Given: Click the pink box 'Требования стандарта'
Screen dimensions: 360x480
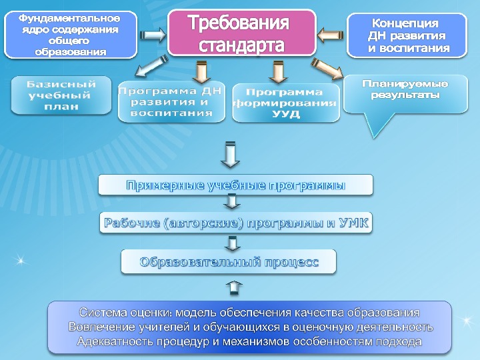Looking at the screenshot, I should click(241, 31).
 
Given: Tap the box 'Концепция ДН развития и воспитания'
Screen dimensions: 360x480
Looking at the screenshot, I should click(409, 35).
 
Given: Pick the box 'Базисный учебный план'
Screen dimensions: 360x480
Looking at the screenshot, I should click(61, 95).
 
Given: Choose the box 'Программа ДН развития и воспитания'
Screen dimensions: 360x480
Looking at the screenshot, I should click(171, 102).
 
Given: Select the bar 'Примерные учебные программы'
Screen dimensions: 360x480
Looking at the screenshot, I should click(235, 185).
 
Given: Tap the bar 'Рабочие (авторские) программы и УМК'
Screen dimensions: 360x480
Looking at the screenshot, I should click(235, 223).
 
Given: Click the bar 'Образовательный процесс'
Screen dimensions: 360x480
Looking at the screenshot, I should click(229, 261).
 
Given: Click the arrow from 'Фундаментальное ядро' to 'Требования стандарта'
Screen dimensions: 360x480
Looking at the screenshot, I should click(153, 33).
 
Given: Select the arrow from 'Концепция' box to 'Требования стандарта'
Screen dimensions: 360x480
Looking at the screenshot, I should click(330, 32).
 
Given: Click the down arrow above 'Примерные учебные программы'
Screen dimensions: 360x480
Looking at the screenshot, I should click(230, 154).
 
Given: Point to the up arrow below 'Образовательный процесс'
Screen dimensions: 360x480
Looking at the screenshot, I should click(235, 287).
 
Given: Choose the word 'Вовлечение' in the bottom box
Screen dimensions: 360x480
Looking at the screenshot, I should click(99, 327).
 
